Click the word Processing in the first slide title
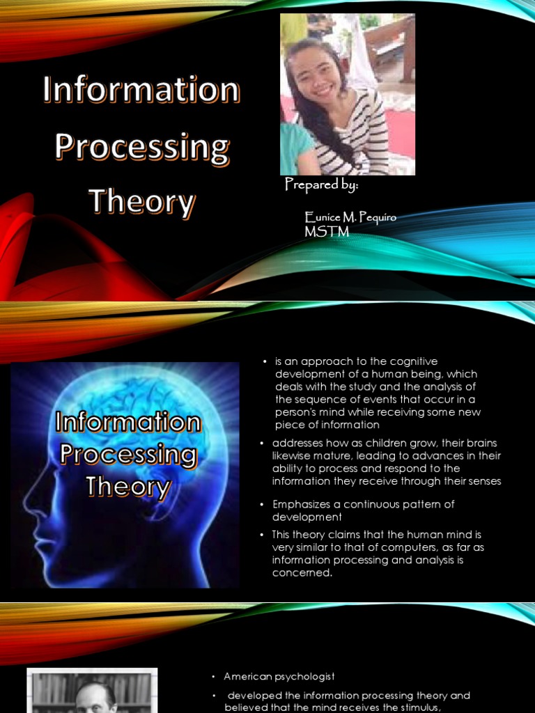142,147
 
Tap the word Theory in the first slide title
142,202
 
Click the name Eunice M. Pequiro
350,218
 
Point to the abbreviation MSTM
327,232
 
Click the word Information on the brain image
127,422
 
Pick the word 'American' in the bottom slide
247,677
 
